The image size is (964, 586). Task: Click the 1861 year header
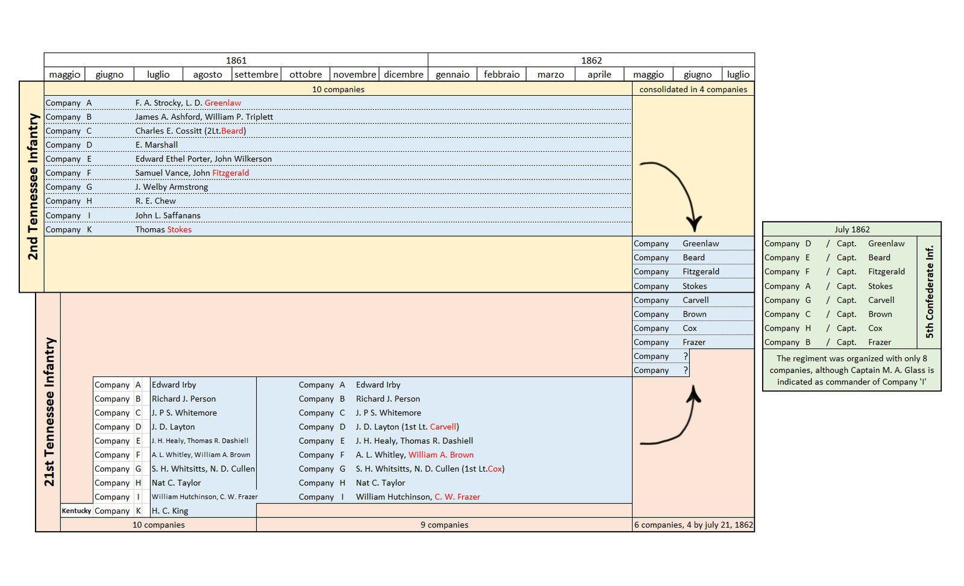(x=236, y=60)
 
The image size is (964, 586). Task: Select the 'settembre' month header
(x=256, y=75)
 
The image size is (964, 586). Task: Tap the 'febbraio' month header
(x=501, y=75)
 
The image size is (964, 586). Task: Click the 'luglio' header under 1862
(x=738, y=75)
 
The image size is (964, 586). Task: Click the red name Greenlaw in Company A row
(x=222, y=103)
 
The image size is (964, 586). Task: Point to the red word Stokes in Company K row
(x=180, y=229)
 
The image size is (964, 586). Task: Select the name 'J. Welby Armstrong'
(x=171, y=187)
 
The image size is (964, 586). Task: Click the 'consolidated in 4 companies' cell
(x=693, y=89)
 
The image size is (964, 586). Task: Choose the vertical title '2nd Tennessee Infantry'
(x=33, y=187)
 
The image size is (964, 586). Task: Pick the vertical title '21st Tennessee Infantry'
(x=49, y=412)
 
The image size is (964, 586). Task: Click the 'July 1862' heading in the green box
(x=852, y=229)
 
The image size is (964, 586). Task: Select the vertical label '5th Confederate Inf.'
(x=930, y=291)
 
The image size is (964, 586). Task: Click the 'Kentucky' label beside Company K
(x=77, y=511)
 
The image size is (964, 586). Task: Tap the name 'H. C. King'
(x=170, y=511)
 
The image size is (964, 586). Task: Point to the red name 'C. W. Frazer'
(x=457, y=497)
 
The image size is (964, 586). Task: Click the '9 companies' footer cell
(x=444, y=525)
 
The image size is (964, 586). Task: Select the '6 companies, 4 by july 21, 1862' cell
(x=693, y=525)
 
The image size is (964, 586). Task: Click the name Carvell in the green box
(x=881, y=301)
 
